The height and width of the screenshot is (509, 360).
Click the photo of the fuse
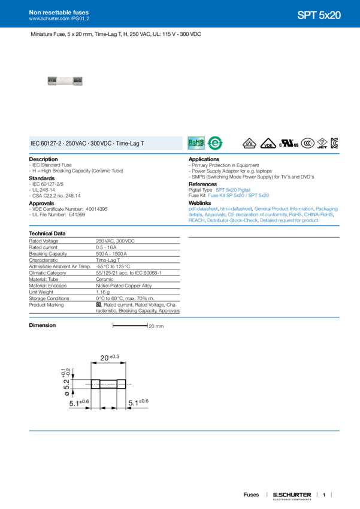[x=65, y=81]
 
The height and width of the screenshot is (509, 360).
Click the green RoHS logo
[x=196, y=143]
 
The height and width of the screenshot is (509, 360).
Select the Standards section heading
[x=42, y=177]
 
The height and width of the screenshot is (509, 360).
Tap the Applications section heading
[x=204, y=159]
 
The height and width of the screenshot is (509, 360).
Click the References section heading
[x=202, y=185]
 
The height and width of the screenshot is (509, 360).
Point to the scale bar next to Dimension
[x=129, y=325]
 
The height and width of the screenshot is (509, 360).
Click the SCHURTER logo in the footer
[x=292, y=495]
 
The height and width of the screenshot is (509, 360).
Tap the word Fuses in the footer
[x=252, y=495]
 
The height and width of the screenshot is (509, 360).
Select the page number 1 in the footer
[x=323, y=495]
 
